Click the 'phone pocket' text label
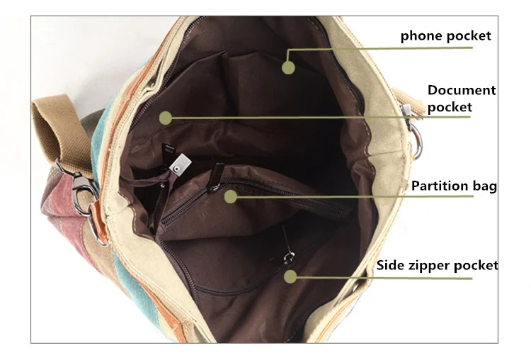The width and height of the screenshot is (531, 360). click(445, 36)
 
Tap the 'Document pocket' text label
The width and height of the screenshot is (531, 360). click(461, 99)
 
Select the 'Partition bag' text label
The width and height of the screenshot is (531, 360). click(454, 186)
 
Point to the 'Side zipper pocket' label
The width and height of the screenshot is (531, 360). click(438, 265)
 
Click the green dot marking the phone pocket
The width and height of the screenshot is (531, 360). click(288, 67)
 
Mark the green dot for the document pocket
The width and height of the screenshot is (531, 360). click(166, 118)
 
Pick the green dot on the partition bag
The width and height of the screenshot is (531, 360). click(231, 196)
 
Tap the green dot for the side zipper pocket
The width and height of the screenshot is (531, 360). click(290, 276)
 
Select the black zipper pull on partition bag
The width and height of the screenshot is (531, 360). click(216, 178)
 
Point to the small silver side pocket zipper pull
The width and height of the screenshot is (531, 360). click(289, 257)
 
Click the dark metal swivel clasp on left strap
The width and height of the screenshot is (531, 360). click(81, 190)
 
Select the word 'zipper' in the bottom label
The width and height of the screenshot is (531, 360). click(428, 266)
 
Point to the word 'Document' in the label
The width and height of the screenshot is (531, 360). click(462, 90)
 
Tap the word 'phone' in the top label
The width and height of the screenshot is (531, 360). click(421, 36)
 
